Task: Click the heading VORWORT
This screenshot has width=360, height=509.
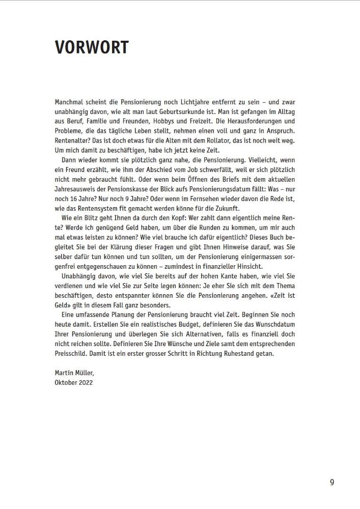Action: pos(92,47)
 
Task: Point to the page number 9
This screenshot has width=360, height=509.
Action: pos(332,483)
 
